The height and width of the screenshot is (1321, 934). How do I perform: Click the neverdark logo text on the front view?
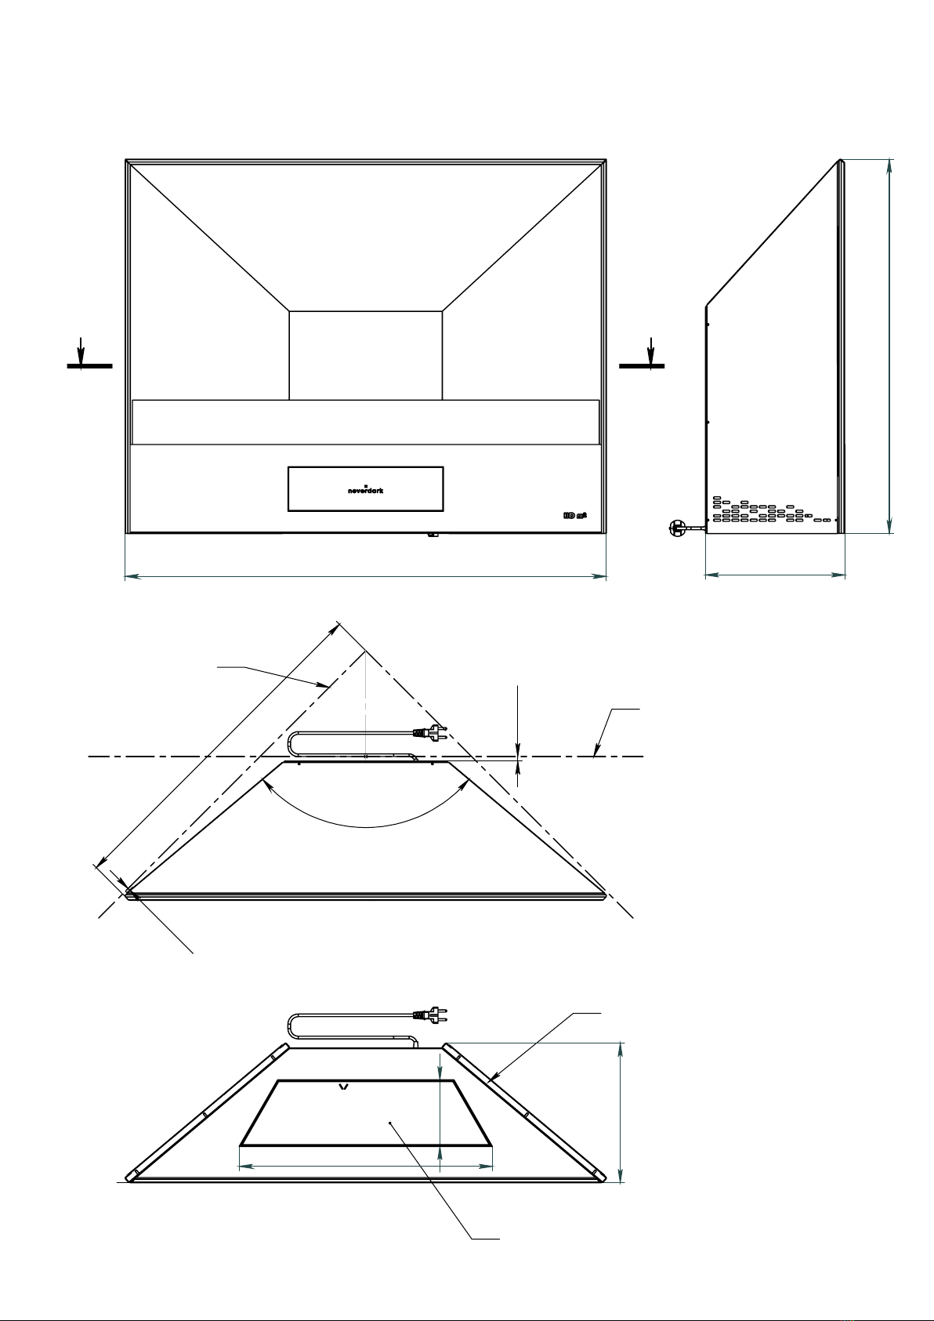(366, 490)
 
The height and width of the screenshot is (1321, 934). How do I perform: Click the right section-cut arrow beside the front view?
(650, 350)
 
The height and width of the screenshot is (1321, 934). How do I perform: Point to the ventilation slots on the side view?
(771, 510)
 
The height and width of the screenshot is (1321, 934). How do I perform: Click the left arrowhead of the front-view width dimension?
(132, 577)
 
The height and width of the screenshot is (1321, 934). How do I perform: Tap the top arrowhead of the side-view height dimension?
(890, 167)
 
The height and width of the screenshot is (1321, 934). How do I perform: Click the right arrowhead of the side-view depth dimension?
(839, 576)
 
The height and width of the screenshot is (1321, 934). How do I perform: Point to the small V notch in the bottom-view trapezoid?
(343, 1087)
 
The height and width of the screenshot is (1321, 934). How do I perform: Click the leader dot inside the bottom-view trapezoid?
(390, 1123)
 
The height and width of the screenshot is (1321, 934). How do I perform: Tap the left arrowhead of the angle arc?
(270, 786)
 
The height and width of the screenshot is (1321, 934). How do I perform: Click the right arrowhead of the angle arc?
(463, 786)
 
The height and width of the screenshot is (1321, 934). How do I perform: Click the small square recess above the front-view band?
(366, 355)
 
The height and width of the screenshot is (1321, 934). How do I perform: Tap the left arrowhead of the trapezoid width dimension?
(244, 1167)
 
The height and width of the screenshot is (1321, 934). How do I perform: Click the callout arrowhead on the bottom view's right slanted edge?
(489, 1080)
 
